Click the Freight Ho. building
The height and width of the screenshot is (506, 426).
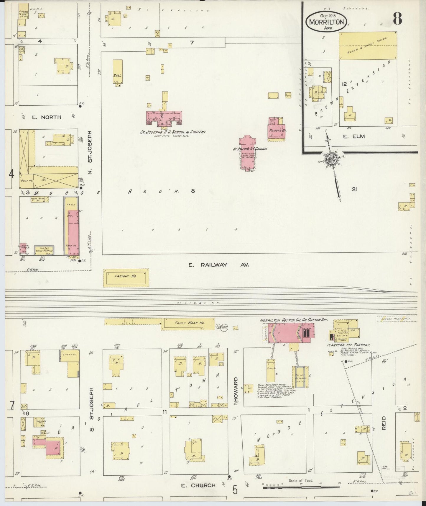click(x=126, y=278)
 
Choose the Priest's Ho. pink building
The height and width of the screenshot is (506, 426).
click(x=277, y=130)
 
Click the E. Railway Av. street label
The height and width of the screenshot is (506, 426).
click(x=219, y=265)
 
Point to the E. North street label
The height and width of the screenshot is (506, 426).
click(x=46, y=117)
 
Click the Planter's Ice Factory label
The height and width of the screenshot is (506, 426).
click(x=348, y=345)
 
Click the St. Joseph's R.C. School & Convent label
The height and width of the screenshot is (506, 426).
click(x=173, y=132)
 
